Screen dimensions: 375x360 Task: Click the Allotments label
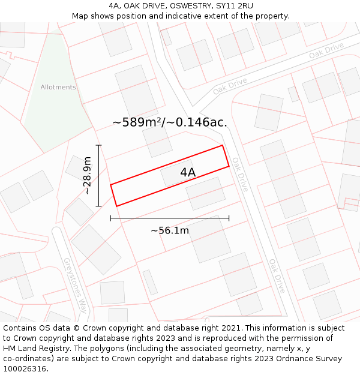click(58, 87)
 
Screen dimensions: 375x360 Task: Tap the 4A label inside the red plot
click(188, 173)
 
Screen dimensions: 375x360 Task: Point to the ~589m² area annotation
click(170, 122)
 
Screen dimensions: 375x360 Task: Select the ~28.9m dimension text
click(87, 175)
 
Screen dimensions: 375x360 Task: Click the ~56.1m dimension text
click(170, 230)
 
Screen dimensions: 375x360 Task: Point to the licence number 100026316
click(25, 368)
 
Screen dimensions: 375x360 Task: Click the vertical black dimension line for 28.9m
click(99, 175)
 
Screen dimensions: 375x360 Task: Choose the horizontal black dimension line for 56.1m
click(170, 218)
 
